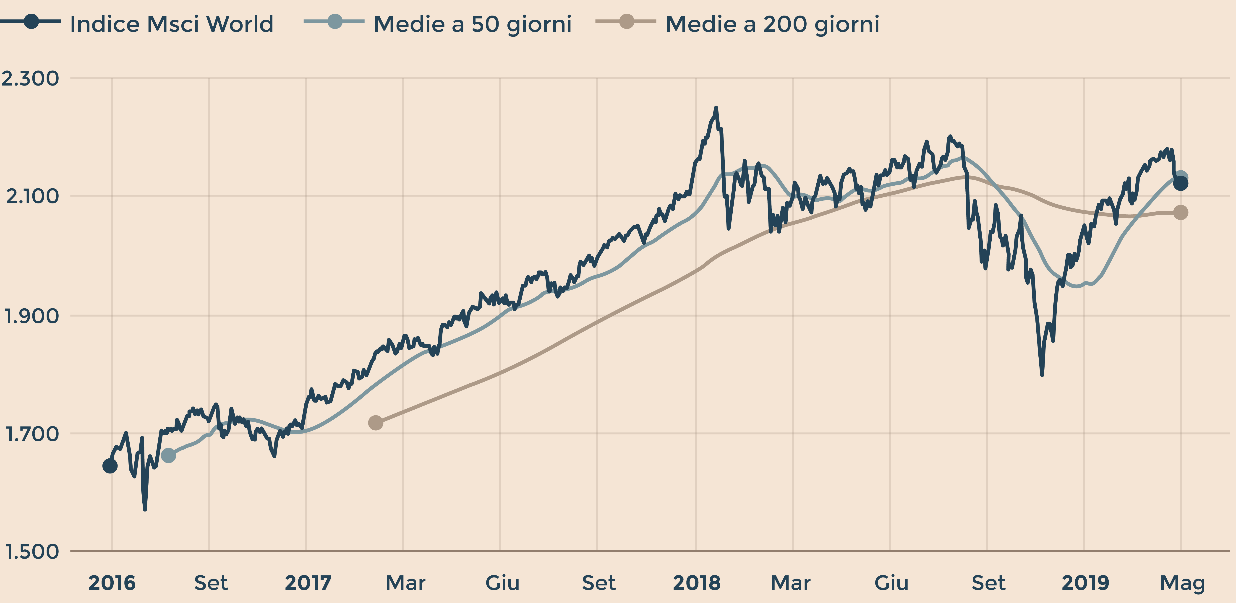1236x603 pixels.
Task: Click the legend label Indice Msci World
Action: tap(171, 24)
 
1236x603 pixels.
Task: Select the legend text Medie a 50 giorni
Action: tap(473, 24)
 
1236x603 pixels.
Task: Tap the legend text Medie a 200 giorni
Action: tap(773, 24)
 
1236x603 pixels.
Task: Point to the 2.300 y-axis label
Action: tap(30, 78)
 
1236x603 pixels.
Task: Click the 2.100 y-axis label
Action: tap(32, 196)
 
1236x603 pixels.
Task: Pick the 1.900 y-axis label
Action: tap(32, 316)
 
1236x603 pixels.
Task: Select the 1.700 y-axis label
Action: tap(32, 434)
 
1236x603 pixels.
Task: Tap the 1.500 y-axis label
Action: tap(32, 552)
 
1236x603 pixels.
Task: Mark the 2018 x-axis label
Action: tap(697, 583)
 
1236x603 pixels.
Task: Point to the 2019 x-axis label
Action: tap(1085, 583)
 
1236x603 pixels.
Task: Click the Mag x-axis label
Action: tap(1182, 583)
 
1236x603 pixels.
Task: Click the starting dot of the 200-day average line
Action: tap(376, 423)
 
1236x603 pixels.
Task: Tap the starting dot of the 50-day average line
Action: tap(168, 455)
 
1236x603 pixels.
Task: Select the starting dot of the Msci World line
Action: tap(110, 466)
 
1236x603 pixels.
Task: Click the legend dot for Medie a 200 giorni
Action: tap(626, 22)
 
